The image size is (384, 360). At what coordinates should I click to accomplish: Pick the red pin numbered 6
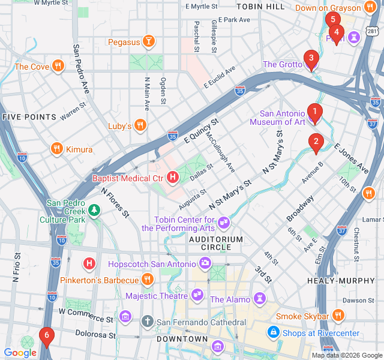click(x=46, y=337)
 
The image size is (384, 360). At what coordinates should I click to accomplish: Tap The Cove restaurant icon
click(x=58, y=67)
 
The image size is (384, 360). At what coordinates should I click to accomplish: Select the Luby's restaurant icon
click(x=140, y=125)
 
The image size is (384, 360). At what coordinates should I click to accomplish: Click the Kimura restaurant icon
click(x=57, y=149)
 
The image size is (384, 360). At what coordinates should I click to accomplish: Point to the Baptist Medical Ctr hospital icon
click(x=173, y=178)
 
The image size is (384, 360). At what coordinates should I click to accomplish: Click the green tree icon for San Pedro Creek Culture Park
click(x=94, y=209)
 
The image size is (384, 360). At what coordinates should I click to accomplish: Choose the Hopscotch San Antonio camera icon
click(x=205, y=263)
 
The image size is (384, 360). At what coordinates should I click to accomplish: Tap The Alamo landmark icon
click(x=259, y=298)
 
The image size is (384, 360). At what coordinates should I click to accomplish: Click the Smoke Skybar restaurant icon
click(x=338, y=316)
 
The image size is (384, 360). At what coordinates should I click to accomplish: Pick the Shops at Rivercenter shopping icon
click(x=274, y=332)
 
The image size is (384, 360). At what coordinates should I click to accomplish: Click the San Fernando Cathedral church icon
click(x=148, y=321)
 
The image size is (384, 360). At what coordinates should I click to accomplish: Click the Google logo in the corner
click(x=20, y=353)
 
